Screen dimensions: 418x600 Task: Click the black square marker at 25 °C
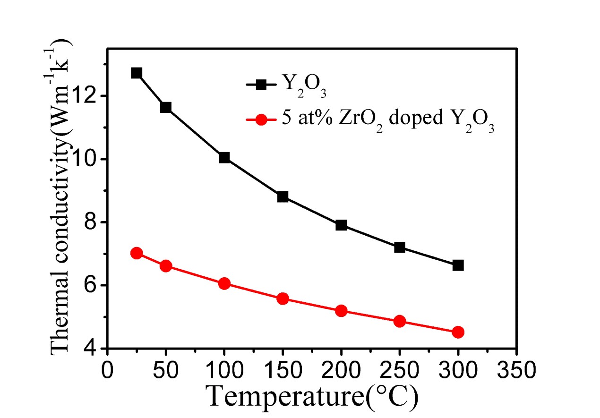click(x=137, y=73)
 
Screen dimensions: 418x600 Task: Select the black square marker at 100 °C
click(x=224, y=158)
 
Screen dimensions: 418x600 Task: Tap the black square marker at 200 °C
click(x=341, y=225)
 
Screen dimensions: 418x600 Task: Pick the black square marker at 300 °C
click(x=458, y=265)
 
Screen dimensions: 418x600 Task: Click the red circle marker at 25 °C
click(x=137, y=253)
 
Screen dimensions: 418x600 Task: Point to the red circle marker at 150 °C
click(x=283, y=299)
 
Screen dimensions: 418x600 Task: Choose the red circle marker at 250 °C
click(x=400, y=321)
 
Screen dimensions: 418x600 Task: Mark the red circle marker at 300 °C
click(x=458, y=332)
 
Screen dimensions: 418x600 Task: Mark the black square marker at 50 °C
click(x=166, y=107)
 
